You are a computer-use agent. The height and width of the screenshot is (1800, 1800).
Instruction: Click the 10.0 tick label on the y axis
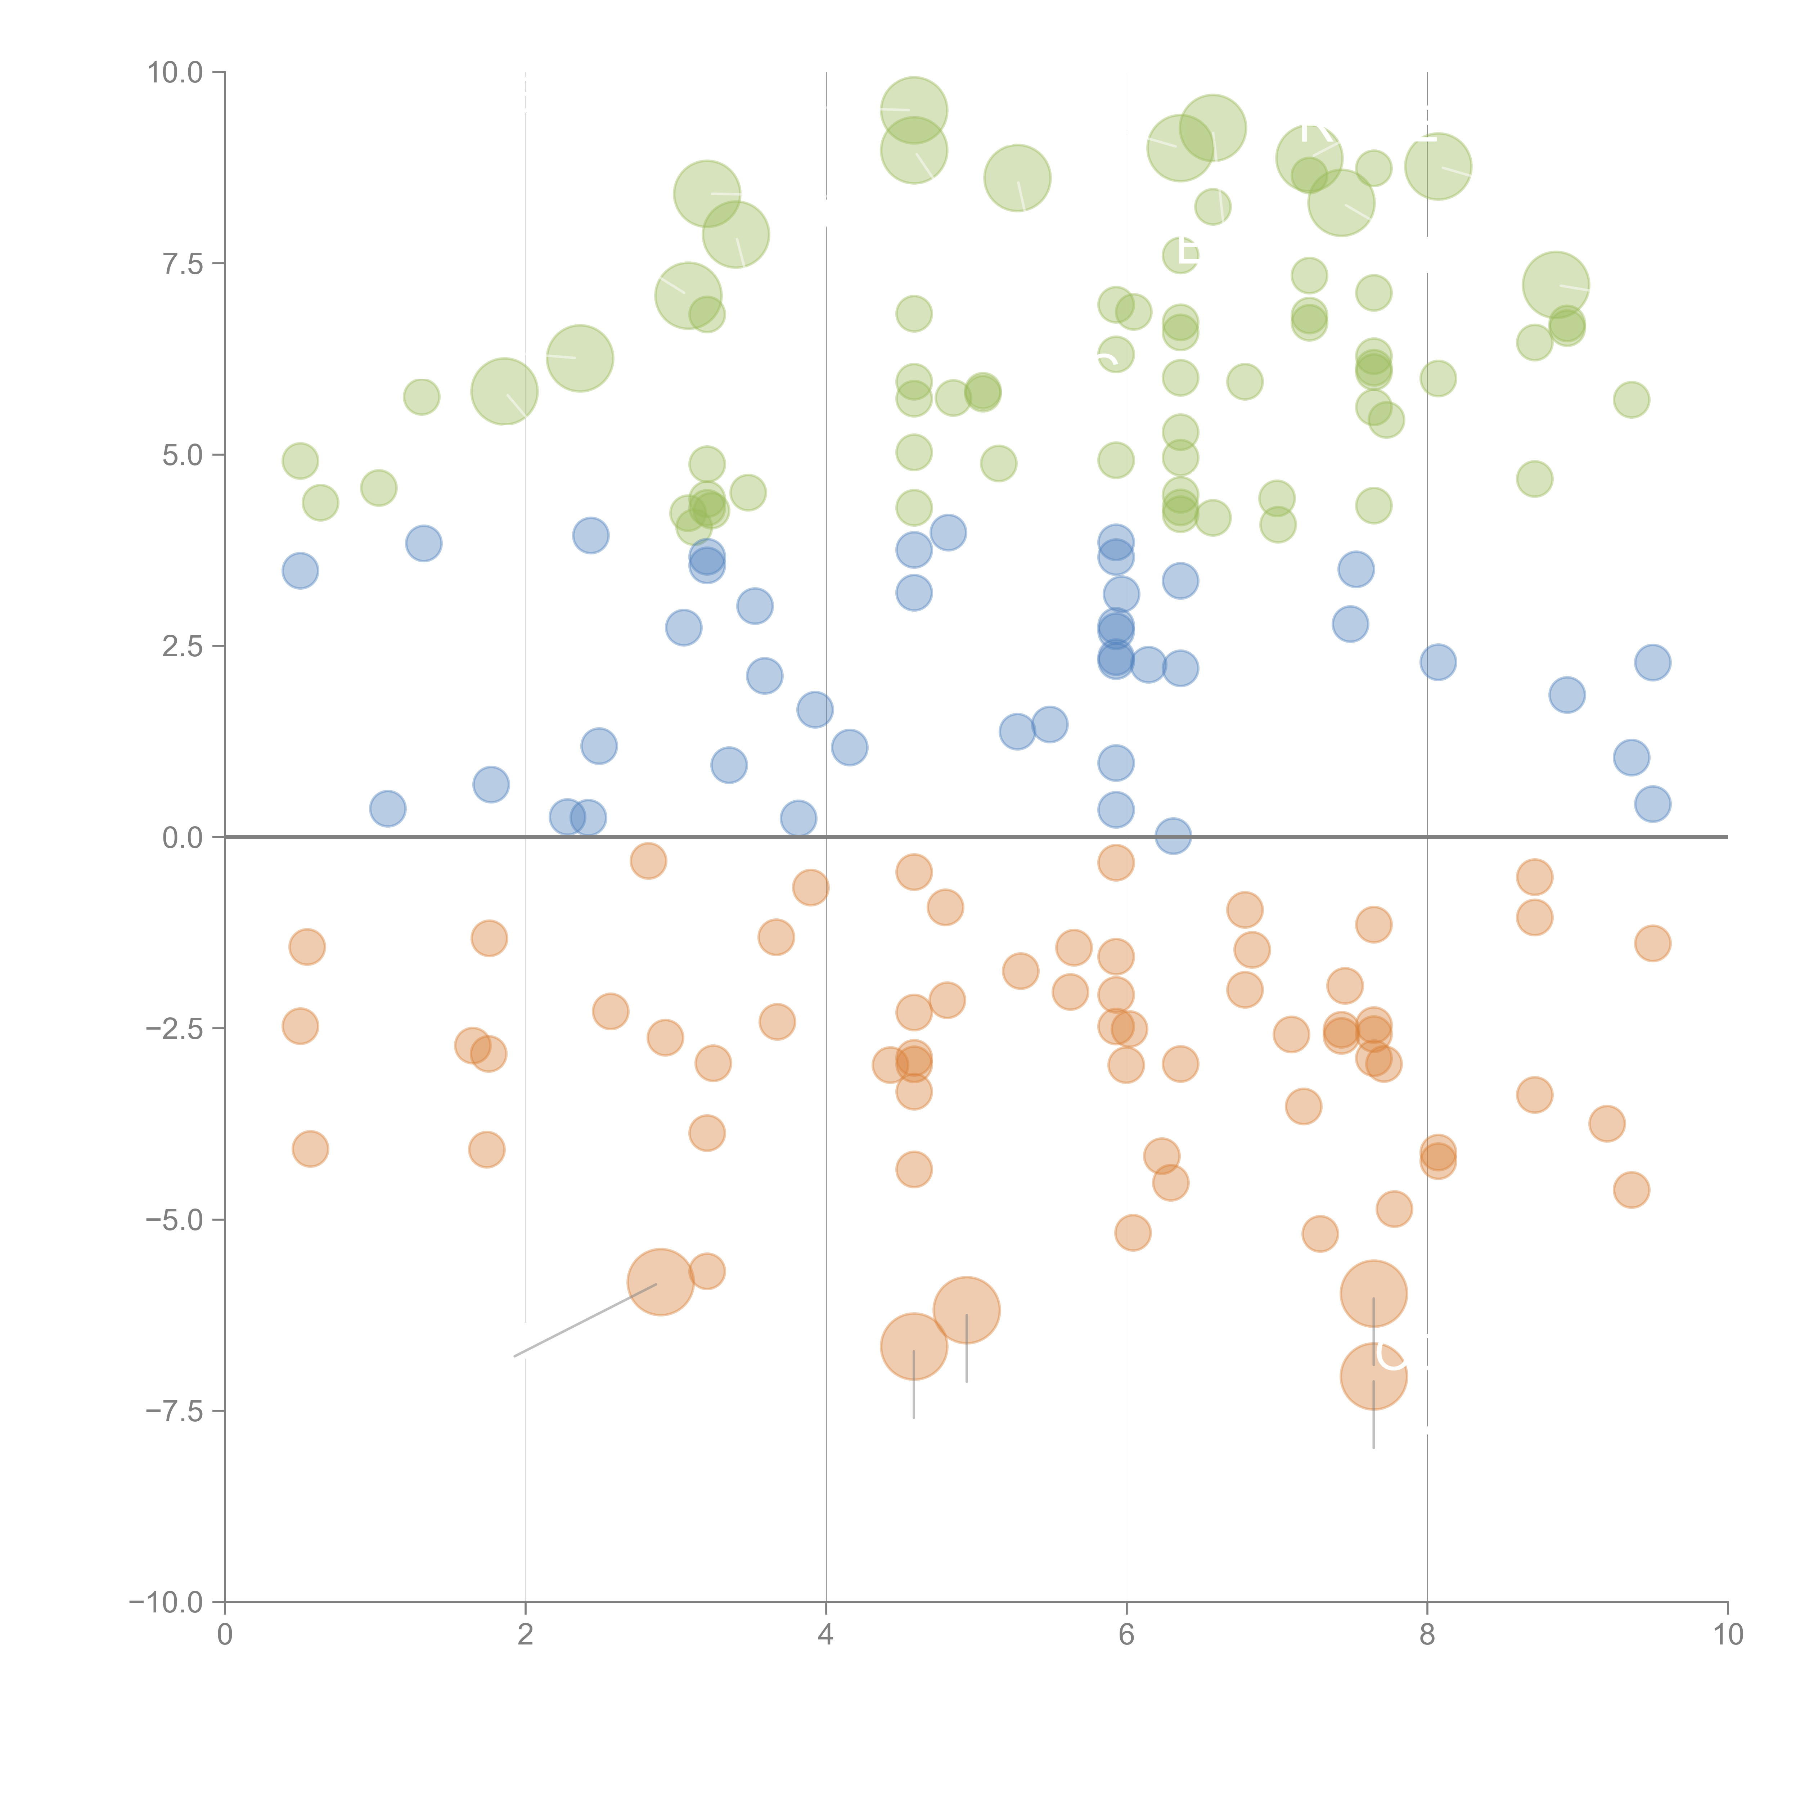(175, 73)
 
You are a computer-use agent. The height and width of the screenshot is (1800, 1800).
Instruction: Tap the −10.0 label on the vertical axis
(166, 1602)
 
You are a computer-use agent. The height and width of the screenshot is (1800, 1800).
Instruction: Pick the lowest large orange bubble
(1373, 1376)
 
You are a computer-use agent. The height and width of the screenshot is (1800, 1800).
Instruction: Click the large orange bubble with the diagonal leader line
(661, 1282)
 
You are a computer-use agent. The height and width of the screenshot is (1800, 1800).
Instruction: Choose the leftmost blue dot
(300, 570)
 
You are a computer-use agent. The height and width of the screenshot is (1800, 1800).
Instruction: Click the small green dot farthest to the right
(1632, 400)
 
